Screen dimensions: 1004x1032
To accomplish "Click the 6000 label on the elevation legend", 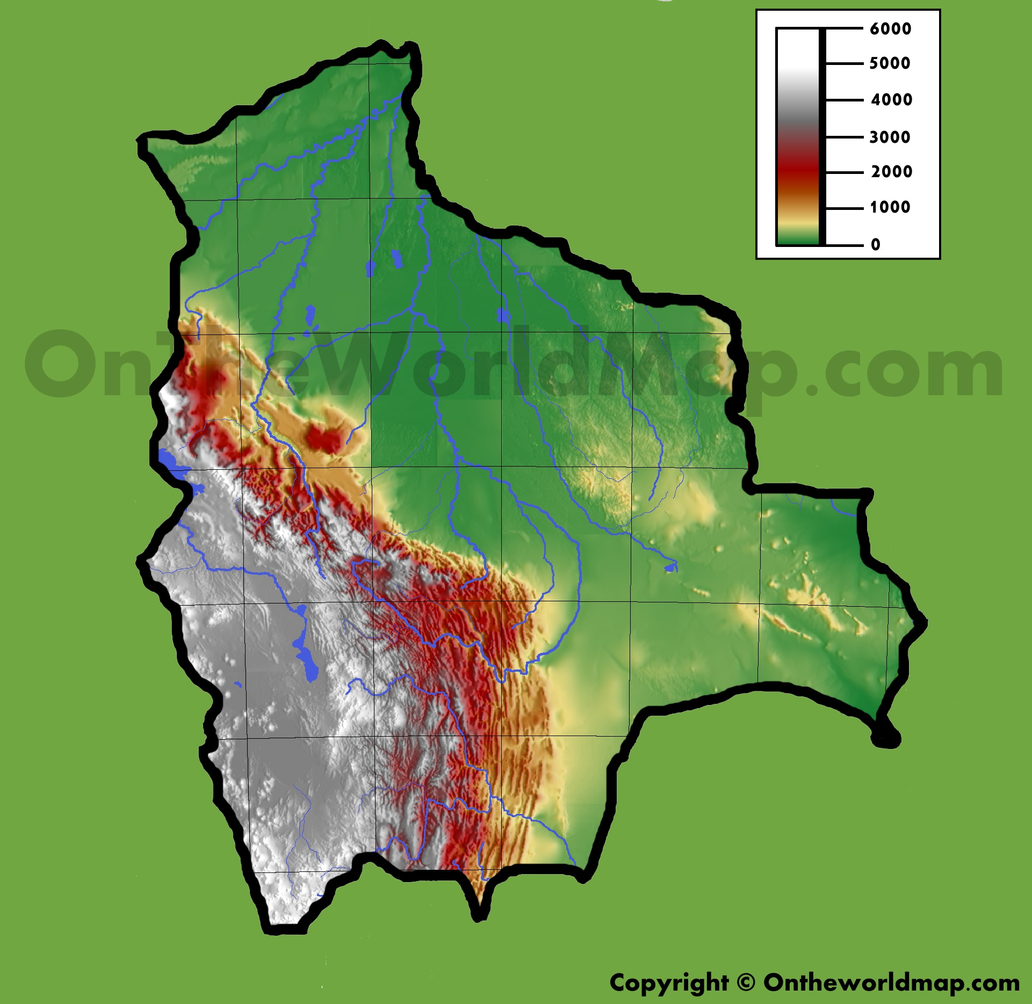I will [890, 28].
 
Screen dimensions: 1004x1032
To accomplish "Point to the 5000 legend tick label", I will [890, 63].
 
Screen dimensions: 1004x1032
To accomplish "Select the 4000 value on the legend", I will [891, 99].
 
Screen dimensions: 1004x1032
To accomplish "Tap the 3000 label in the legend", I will [890, 137].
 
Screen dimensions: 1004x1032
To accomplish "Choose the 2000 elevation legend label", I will [891, 172].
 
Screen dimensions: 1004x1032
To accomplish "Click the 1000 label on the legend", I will [890, 207].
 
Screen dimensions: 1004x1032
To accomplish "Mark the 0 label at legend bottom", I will [876, 245].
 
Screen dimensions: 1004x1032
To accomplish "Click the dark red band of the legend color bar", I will [797, 172].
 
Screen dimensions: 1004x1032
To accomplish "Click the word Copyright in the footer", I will [668, 983].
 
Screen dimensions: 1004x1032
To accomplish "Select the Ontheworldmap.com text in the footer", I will [891, 983].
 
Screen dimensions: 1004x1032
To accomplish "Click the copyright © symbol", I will [746, 983].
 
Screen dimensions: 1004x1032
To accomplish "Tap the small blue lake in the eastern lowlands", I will [670, 567].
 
